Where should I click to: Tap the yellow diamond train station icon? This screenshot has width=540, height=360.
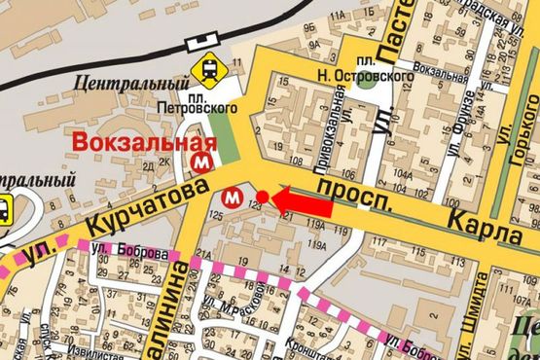[208, 69]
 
